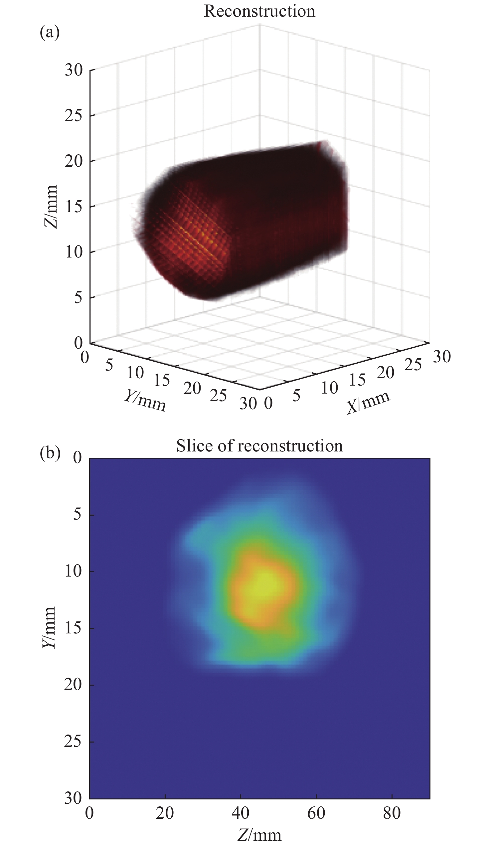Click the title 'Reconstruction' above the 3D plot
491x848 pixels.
(x=259, y=11)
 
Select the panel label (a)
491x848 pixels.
(x=50, y=33)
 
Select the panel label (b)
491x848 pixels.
(x=50, y=453)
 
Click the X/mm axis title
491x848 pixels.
(x=369, y=403)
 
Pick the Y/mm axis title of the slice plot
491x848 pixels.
(x=49, y=627)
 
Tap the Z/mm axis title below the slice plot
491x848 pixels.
(x=259, y=839)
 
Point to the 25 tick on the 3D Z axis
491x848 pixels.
(x=74, y=116)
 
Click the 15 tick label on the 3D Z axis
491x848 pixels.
(x=74, y=207)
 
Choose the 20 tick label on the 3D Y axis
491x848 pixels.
(x=192, y=388)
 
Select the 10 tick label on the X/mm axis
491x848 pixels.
(x=329, y=388)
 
